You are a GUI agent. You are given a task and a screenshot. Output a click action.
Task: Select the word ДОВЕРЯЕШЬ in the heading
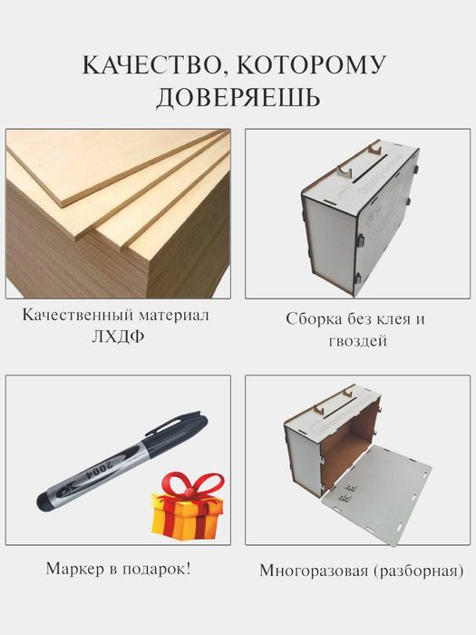[x=238, y=97]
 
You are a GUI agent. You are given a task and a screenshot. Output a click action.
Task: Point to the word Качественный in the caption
[x=77, y=317]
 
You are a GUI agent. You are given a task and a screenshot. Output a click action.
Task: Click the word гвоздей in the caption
[x=355, y=342]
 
